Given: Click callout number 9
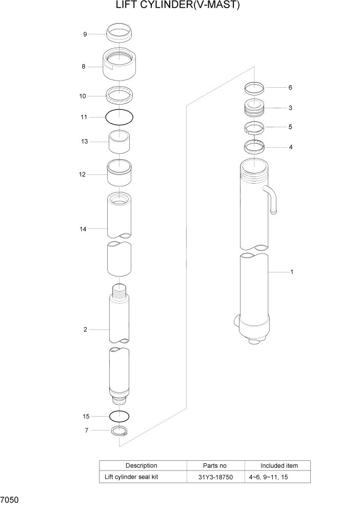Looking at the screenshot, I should (x=85, y=34).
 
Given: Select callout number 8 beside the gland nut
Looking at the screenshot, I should (x=83, y=67).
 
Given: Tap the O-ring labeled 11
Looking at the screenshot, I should (x=119, y=118).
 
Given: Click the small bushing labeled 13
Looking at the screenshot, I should (x=119, y=142).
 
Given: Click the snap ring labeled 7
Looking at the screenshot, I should (x=119, y=432).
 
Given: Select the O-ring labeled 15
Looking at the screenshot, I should (x=119, y=416).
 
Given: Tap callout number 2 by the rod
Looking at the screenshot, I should (x=85, y=329).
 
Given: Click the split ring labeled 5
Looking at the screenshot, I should (x=253, y=127).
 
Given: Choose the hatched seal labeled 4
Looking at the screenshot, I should (x=253, y=147).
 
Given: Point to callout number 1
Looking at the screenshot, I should (x=292, y=272).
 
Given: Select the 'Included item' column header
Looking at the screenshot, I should (x=278, y=465).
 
